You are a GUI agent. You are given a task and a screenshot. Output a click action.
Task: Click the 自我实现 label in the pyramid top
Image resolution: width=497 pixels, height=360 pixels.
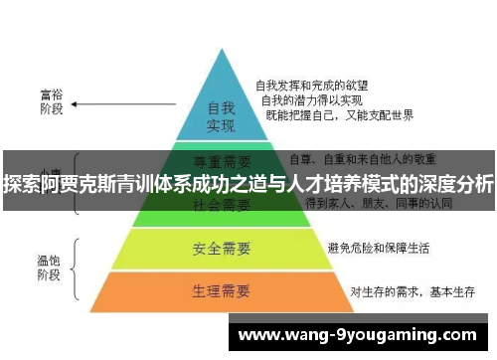(220, 115)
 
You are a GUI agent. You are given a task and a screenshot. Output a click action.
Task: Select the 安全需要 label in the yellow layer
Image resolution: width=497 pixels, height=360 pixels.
(221, 247)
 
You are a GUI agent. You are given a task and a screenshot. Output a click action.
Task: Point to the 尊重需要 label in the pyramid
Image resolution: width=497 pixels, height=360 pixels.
(221, 159)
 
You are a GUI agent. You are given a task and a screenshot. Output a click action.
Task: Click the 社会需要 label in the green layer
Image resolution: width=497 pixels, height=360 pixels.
(221, 205)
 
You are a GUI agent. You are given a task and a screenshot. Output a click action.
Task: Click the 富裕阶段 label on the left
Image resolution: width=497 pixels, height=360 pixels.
(51, 101)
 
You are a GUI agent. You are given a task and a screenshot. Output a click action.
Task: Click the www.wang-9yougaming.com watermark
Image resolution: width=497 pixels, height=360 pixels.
(359, 333)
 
